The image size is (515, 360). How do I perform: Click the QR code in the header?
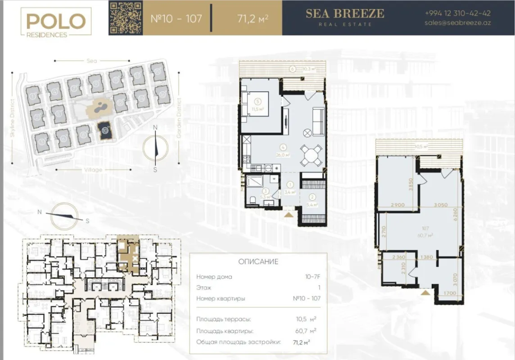pyautogui.click(x=126, y=18)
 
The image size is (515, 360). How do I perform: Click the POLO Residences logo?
pyautogui.click(x=56, y=22)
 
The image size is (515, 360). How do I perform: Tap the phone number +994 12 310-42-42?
pyautogui.click(x=458, y=13)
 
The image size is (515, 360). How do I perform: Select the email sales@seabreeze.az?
pyautogui.click(x=458, y=23)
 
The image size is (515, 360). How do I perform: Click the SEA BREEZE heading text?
pyautogui.click(x=345, y=13)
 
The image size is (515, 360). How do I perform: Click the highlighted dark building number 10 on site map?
pyautogui.click(x=105, y=130)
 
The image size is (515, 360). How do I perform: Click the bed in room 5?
pyautogui.click(x=256, y=104)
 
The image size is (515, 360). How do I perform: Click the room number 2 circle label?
pyautogui.click(x=312, y=196)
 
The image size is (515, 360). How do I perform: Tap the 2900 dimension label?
pyautogui.click(x=397, y=205)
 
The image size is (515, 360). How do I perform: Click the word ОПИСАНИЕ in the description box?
pyautogui.click(x=257, y=262)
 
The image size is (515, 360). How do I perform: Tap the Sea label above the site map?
pyautogui.click(x=92, y=60)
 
